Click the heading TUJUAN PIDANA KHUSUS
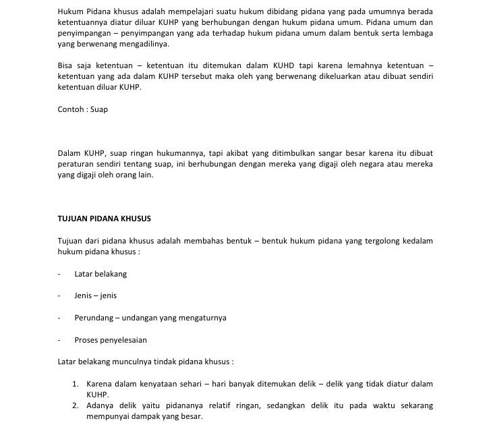[104, 219]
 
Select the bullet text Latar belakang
[100, 274]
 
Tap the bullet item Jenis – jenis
[96, 295]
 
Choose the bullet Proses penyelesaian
[111, 339]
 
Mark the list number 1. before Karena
[76, 384]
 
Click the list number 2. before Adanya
[76, 405]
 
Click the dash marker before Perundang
[59, 317]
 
